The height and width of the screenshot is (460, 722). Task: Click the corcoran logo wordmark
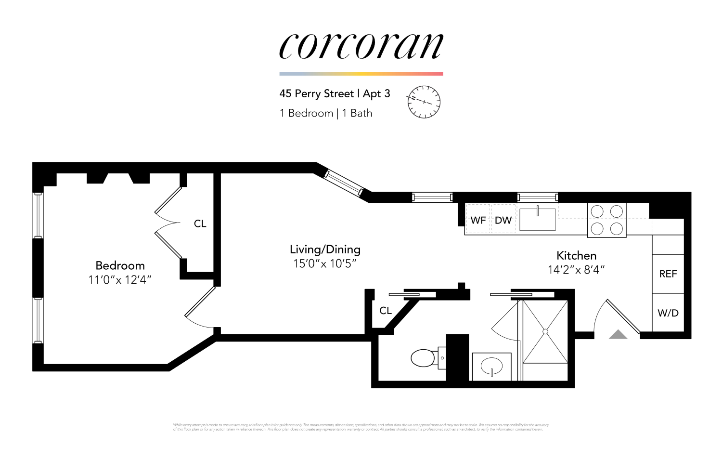point(361,47)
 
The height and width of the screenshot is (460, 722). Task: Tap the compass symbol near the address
point(424,102)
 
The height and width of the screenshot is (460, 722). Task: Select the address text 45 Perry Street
point(316,93)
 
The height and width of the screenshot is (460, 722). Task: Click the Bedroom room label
point(120,265)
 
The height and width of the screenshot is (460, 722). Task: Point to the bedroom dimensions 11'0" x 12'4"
point(120,280)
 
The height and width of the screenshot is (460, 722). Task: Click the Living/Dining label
point(325,250)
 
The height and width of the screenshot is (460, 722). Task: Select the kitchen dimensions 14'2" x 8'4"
point(576,270)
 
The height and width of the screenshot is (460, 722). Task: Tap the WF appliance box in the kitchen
point(477,220)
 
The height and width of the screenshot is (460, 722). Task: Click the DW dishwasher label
point(503,220)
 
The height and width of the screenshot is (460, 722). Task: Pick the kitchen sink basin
point(538,220)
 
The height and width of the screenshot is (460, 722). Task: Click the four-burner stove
point(606,220)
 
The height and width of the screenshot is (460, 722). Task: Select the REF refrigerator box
point(668,274)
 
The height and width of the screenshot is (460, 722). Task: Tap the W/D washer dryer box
point(668,313)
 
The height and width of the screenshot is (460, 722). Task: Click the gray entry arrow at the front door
point(618,335)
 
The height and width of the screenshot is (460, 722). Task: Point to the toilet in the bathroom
point(424,358)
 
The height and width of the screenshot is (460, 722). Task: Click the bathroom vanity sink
point(491,367)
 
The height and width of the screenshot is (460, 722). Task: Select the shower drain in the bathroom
point(545,331)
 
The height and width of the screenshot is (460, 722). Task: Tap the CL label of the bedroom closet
point(200,223)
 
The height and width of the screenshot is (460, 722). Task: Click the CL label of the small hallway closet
point(386,311)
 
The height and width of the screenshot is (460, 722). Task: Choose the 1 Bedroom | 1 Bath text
point(326,113)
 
